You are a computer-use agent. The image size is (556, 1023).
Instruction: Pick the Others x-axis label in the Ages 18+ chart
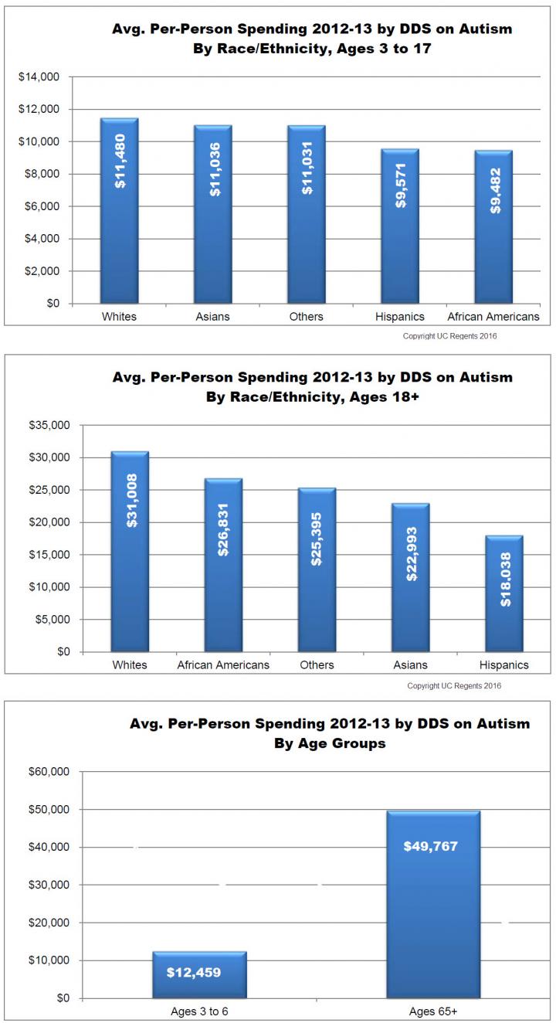click(x=317, y=665)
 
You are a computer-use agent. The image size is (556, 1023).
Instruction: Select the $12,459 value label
click(x=194, y=972)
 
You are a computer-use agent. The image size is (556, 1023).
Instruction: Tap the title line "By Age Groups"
click(x=330, y=744)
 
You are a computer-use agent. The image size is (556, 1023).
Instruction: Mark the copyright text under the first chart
click(x=456, y=337)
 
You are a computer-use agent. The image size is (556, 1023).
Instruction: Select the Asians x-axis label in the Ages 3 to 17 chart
click(x=213, y=317)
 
